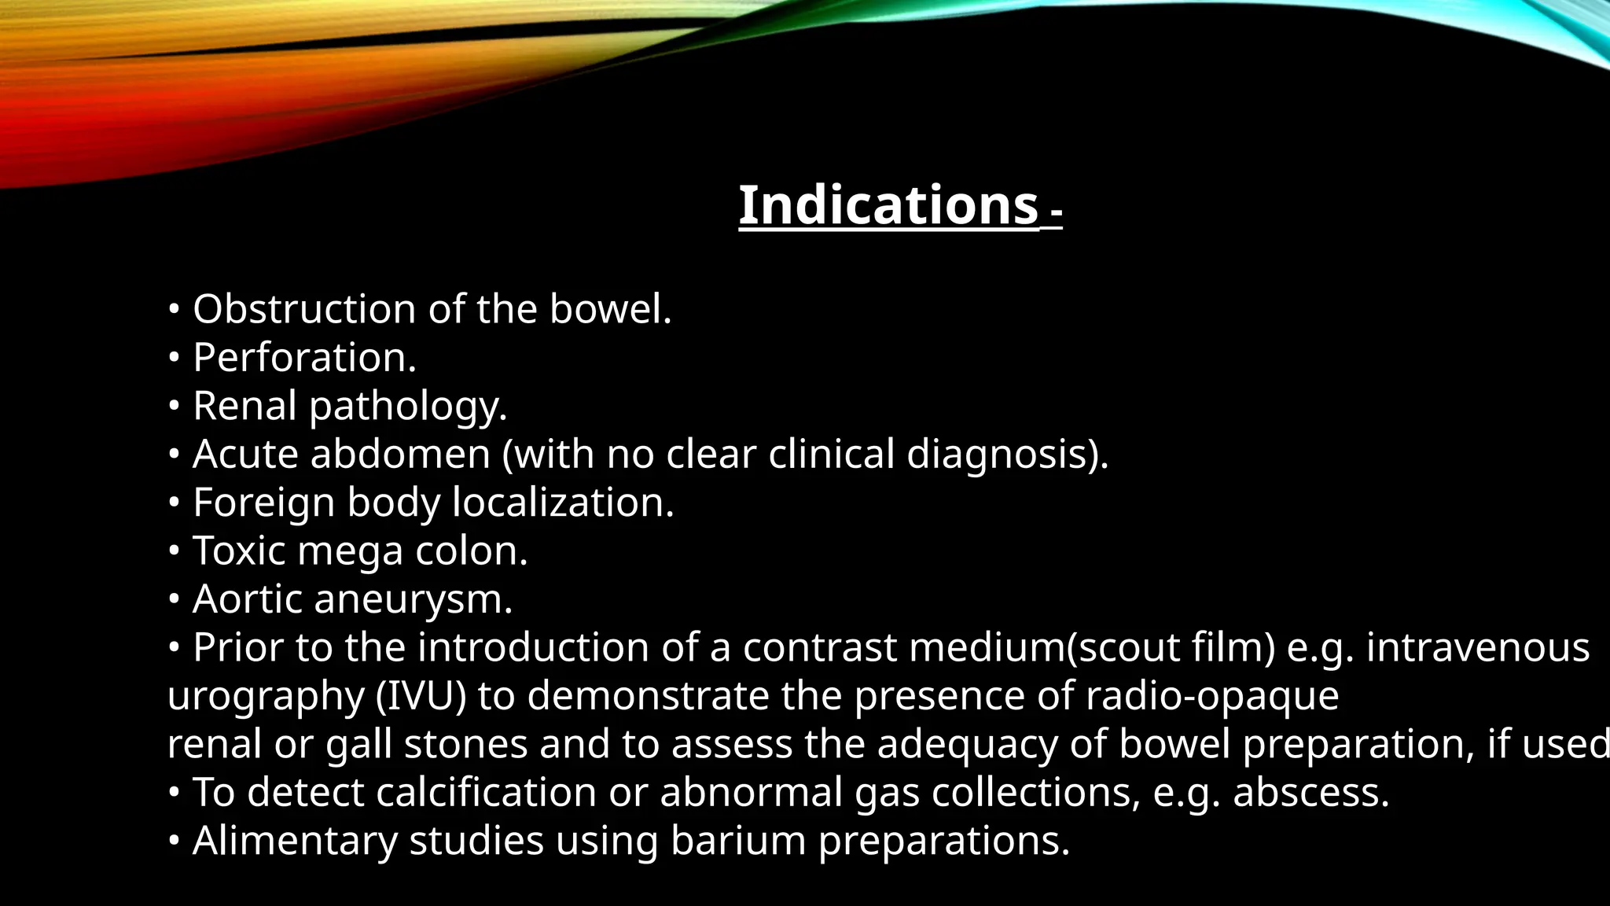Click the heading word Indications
point(888,205)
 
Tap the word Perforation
point(303,358)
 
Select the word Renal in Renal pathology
point(244,407)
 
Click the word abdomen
point(400,455)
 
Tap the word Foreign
point(263,503)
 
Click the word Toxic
point(239,551)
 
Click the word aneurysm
point(413,600)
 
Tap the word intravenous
point(1478,648)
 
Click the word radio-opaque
point(1211,697)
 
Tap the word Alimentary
point(295,842)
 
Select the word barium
point(738,841)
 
